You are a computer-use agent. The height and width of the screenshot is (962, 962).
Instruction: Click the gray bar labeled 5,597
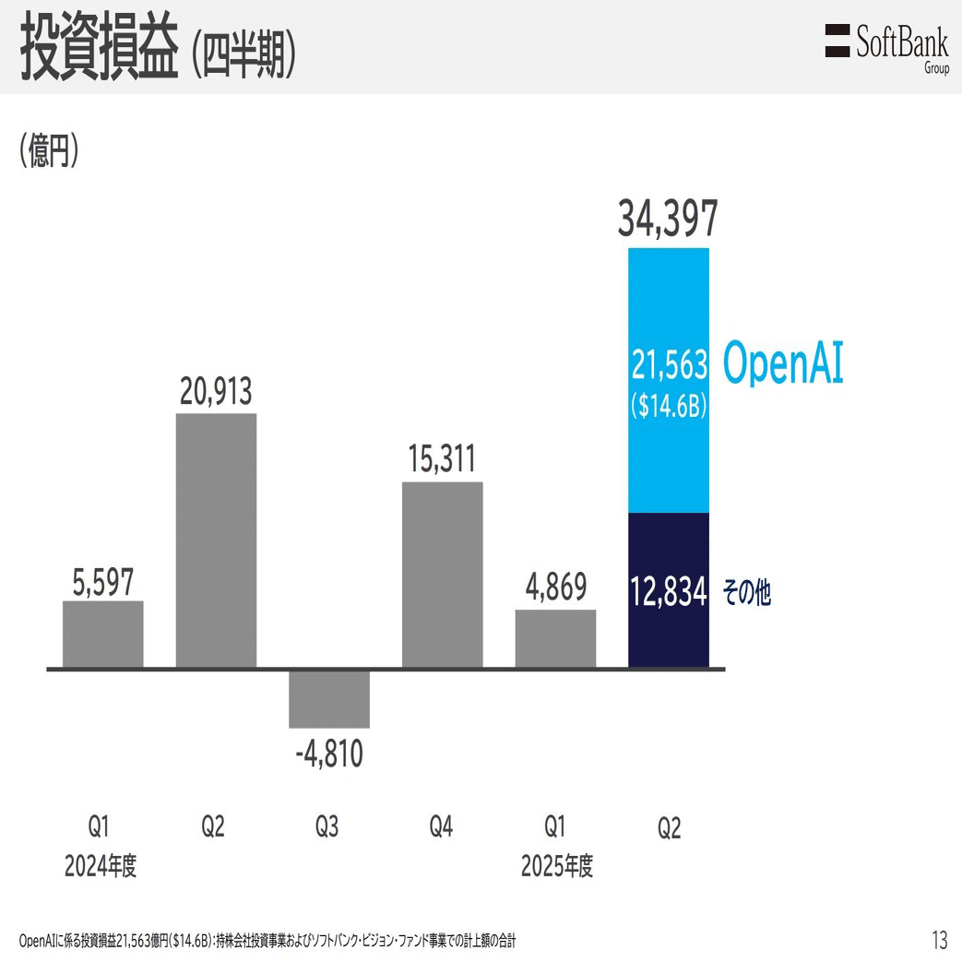coord(103,634)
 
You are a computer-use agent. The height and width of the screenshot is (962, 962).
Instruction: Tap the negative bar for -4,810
coord(329,698)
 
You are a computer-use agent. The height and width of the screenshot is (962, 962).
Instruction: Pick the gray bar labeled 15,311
coord(443,574)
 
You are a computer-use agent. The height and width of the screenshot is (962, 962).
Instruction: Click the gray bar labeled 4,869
coord(555,638)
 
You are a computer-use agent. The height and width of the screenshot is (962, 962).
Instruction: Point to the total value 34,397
coord(668,222)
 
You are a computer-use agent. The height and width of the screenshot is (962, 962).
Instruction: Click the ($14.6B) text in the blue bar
coord(669,406)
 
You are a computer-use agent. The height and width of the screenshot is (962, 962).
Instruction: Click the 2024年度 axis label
coord(101,866)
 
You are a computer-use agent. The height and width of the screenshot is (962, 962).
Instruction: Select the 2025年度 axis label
coord(556,866)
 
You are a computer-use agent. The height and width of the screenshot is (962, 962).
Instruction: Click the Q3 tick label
coord(327,826)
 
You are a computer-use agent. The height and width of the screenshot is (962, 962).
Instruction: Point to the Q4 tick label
coord(441,826)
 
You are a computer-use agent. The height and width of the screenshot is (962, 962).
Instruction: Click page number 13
coord(939,940)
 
